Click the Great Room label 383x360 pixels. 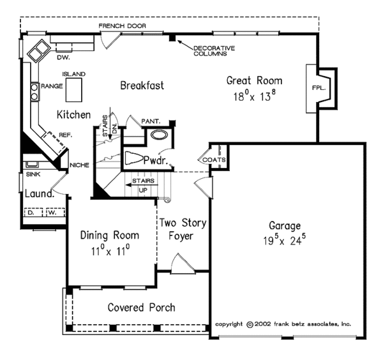click(254, 80)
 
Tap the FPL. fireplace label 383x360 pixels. click(319, 88)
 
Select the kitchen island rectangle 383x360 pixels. click(74, 90)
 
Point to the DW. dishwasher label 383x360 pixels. click(63, 57)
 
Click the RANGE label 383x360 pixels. click(52, 86)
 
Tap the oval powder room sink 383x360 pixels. click(159, 135)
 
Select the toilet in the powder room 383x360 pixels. click(133, 158)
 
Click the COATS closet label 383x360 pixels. click(214, 160)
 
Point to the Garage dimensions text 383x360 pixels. click(284, 241)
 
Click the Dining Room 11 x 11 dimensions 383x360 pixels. click(110, 251)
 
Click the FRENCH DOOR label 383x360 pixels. click(123, 26)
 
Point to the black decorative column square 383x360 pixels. click(172, 38)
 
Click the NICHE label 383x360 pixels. click(79, 165)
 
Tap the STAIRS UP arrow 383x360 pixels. click(142, 185)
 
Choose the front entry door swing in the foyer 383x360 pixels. click(183, 264)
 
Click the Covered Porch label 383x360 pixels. click(142, 308)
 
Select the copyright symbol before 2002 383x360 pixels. click(250, 325)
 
